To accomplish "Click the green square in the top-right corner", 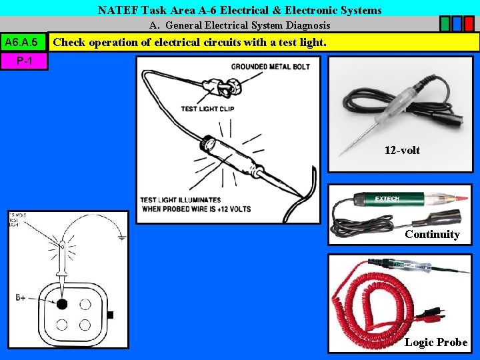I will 445,24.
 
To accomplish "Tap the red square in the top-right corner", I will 469,24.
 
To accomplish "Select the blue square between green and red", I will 457,24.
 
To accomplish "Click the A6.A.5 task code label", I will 24,43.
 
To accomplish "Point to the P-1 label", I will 24,61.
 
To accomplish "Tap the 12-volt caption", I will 402,150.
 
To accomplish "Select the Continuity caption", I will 432,234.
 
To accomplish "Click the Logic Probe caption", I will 436,342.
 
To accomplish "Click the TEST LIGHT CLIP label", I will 207,109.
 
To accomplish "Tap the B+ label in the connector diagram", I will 21,297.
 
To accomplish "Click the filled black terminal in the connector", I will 62,304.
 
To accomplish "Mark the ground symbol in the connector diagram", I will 120,235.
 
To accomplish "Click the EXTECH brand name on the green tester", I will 387,199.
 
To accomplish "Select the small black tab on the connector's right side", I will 110,314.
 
